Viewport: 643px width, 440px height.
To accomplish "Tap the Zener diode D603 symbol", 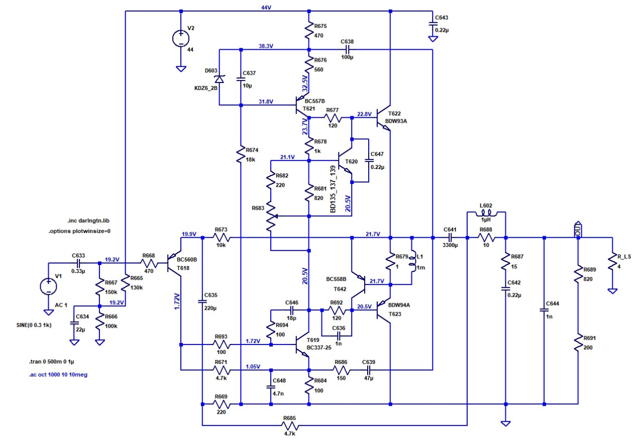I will pos(220,79).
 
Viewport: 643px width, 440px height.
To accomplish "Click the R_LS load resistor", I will pos(612,262).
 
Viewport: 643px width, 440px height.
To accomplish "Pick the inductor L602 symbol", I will pos(486,215).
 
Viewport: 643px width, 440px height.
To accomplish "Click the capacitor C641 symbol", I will pos(450,237).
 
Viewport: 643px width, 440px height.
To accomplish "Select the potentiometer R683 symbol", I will pos(271,216).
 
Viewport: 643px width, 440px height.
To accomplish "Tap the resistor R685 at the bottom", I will pos(289,426).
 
